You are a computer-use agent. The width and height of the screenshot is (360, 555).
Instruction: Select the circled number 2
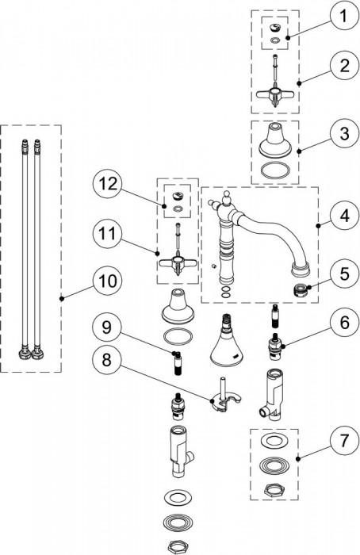click(x=343, y=66)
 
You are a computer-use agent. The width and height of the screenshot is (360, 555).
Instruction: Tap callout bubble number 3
click(x=343, y=135)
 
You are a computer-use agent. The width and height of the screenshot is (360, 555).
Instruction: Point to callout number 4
click(x=343, y=215)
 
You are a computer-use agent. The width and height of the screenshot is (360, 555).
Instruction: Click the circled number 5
click(x=343, y=274)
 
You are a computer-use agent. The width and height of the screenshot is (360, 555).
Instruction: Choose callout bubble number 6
click(x=343, y=323)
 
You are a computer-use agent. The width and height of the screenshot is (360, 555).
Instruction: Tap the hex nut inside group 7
click(x=274, y=489)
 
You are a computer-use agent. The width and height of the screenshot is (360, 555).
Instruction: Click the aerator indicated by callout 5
click(x=300, y=290)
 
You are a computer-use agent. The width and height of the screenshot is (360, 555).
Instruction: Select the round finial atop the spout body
click(x=226, y=197)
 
